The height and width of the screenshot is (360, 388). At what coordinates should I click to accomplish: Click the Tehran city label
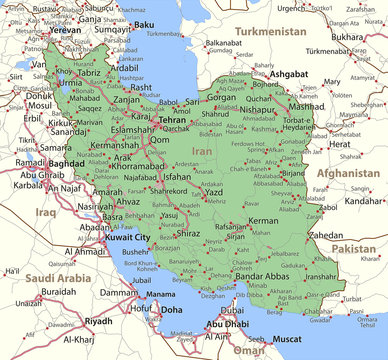pos(173,119)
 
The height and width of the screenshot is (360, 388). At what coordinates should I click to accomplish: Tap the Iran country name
pos(203,150)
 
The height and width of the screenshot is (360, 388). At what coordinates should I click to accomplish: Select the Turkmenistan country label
pos(270,31)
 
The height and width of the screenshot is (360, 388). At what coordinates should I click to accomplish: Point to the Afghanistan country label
pos(348,172)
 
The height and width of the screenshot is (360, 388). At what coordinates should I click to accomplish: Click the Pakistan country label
pos(354,247)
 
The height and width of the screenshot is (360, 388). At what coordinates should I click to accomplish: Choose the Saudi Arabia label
pos(58,278)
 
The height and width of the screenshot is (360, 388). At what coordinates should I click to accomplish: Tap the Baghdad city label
pos(66,162)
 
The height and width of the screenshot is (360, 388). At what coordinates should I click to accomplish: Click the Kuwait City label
pos(128,237)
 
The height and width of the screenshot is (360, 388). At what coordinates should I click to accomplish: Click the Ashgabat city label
pos(288,73)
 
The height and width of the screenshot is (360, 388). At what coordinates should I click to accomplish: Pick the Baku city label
pos(144,24)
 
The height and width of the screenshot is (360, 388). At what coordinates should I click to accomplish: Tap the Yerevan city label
pos(65,30)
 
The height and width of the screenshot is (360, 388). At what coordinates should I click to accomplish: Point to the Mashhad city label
pos(305,106)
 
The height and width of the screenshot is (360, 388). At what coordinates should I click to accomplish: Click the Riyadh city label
pos(98,320)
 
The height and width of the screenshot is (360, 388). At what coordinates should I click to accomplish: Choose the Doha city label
pos(172,310)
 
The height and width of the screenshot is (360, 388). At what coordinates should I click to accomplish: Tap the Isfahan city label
pos(176,176)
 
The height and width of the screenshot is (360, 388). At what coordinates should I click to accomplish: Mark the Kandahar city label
pos(364,200)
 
